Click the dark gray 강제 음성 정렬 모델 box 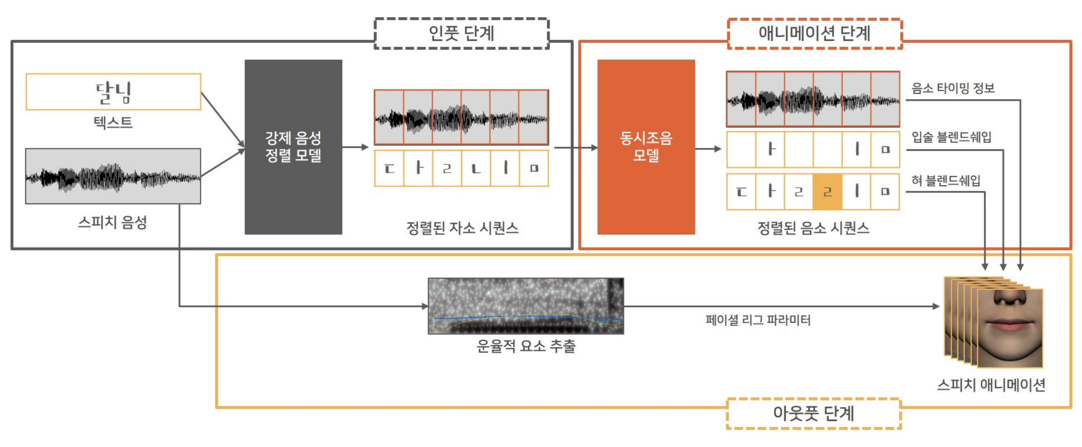click(293, 147)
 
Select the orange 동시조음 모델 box click(645, 147)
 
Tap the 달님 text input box click(113, 92)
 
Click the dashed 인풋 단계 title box click(461, 33)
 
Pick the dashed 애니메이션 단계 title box click(814, 33)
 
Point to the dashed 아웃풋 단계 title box click(813, 413)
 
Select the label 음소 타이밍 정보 click(952, 88)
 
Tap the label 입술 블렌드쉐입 click(951, 137)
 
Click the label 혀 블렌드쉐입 click(945, 181)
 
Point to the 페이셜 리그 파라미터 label click(757, 320)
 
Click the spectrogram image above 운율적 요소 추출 click(525, 305)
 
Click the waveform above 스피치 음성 click(113, 176)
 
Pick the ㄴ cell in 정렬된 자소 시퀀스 click(475, 168)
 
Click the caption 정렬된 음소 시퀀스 click(813, 228)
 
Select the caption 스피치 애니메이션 click(991, 384)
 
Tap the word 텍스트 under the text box click(113, 122)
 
